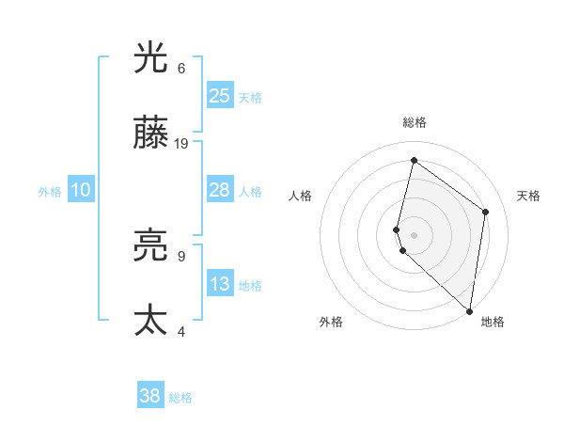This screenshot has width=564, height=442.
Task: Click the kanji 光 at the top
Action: pyautogui.click(x=150, y=59)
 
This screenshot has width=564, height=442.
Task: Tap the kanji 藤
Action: pyautogui.click(x=150, y=135)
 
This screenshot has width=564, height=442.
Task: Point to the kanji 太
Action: pyautogui.click(x=150, y=321)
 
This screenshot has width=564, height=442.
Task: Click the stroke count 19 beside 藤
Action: pyautogui.click(x=181, y=144)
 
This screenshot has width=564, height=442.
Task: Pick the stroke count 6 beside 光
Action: pyautogui.click(x=181, y=69)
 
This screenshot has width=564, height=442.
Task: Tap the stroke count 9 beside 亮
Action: pyautogui.click(x=181, y=255)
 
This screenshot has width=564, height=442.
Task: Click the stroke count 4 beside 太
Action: pyautogui.click(x=181, y=330)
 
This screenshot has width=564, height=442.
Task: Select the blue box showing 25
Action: pyautogui.click(x=220, y=96)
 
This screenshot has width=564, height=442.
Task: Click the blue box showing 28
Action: pyautogui.click(x=220, y=190)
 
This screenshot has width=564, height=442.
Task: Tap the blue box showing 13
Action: pyautogui.click(x=220, y=284)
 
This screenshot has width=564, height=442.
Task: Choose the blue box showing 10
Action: pyautogui.click(x=81, y=190)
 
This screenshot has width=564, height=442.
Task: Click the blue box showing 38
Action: pyautogui.click(x=150, y=396)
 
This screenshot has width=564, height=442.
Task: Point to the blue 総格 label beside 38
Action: pyautogui.click(x=180, y=398)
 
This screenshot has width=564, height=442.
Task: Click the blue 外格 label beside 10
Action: pyautogui.click(x=50, y=192)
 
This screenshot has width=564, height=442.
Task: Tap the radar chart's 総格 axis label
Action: pyautogui.click(x=414, y=123)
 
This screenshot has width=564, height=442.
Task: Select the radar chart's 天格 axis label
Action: pyautogui.click(x=528, y=196)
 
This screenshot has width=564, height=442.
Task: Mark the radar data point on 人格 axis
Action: pyautogui.click(x=397, y=229)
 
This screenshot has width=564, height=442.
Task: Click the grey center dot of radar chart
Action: pyautogui.click(x=414, y=234)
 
